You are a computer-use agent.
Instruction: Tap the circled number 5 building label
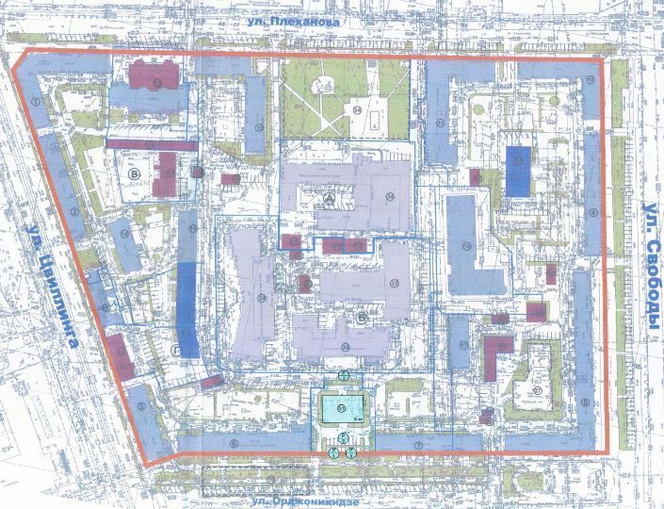click(x=140, y=407)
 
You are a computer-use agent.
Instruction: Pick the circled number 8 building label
click(x=585, y=402)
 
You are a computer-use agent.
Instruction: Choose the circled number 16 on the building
click(x=191, y=228)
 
